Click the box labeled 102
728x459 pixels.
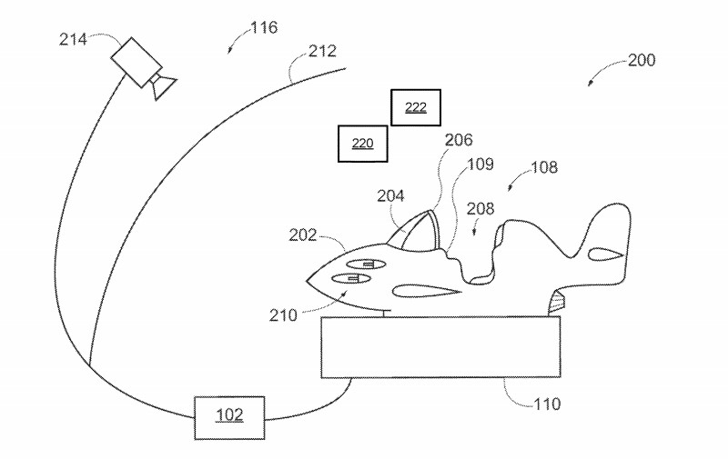pos(229,417)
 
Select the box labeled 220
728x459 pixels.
pos(362,144)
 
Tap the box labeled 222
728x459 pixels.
pos(415,107)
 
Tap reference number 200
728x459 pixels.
pos(641,61)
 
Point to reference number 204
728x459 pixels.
pos(391,195)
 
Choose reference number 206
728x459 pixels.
pos(459,140)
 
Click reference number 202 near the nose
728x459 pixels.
pos(303,235)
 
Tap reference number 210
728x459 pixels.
pos(283,315)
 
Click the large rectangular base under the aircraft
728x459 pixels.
pos(440,347)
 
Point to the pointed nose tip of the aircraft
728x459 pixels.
pos(306,279)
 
